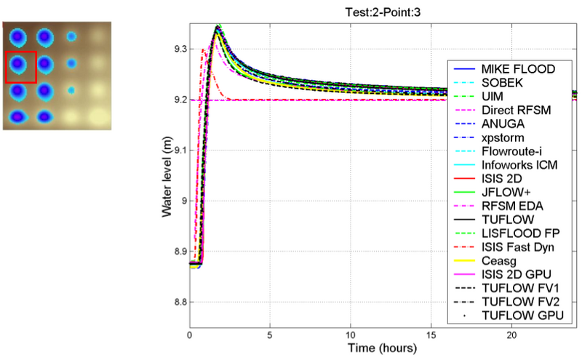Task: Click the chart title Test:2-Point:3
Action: [384, 12]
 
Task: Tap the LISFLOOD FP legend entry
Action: [518, 233]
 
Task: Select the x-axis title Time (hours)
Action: [383, 348]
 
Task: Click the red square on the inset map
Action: [20, 67]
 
